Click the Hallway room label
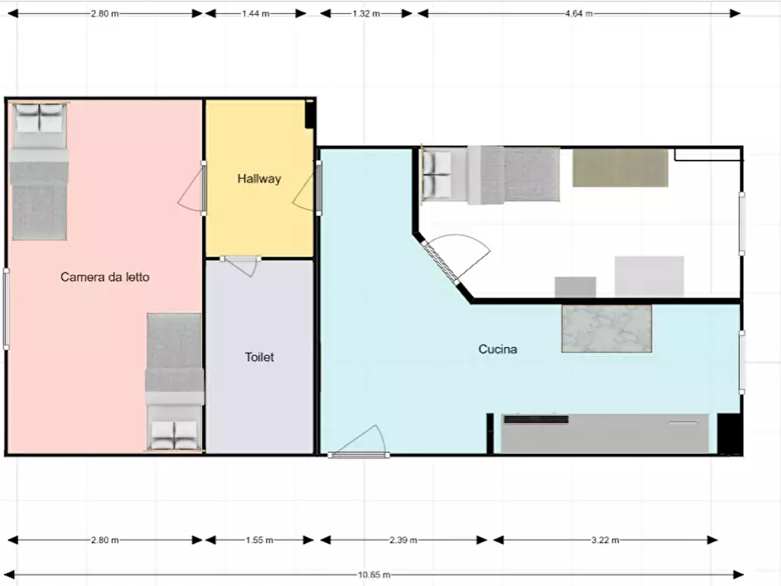[259, 178]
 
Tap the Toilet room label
[259, 357]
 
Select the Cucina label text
[498, 349]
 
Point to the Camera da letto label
[105, 277]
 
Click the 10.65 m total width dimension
[374, 575]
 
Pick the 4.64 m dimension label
[579, 13]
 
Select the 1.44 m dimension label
[255, 13]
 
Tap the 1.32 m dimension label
[366, 13]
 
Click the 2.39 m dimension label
[403, 540]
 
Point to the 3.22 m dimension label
[605, 540]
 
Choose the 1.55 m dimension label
[259, 540]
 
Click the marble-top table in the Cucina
[607, 329]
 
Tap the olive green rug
[620, 168]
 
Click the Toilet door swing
[241, 266]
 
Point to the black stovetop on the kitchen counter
[536, 420]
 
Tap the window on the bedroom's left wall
[6, 309]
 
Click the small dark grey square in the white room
[575, 287]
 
